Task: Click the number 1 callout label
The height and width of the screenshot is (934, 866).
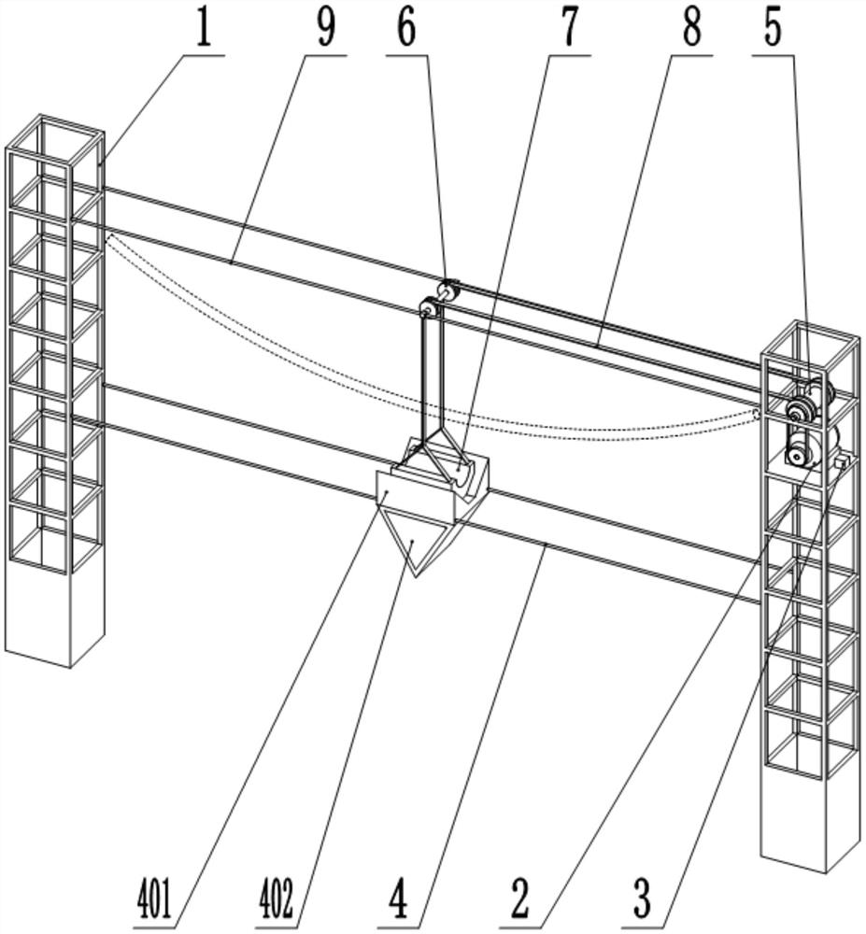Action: tap(202, 28)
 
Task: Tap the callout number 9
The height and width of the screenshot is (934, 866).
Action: tap(324, 28)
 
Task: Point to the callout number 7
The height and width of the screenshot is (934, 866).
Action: tap(570, 28)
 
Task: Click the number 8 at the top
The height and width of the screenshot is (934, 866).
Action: tap(691, 28)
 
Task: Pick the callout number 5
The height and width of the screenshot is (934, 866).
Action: tap(773, 28)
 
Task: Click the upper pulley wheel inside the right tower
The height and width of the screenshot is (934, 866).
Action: tap(800, 409)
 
